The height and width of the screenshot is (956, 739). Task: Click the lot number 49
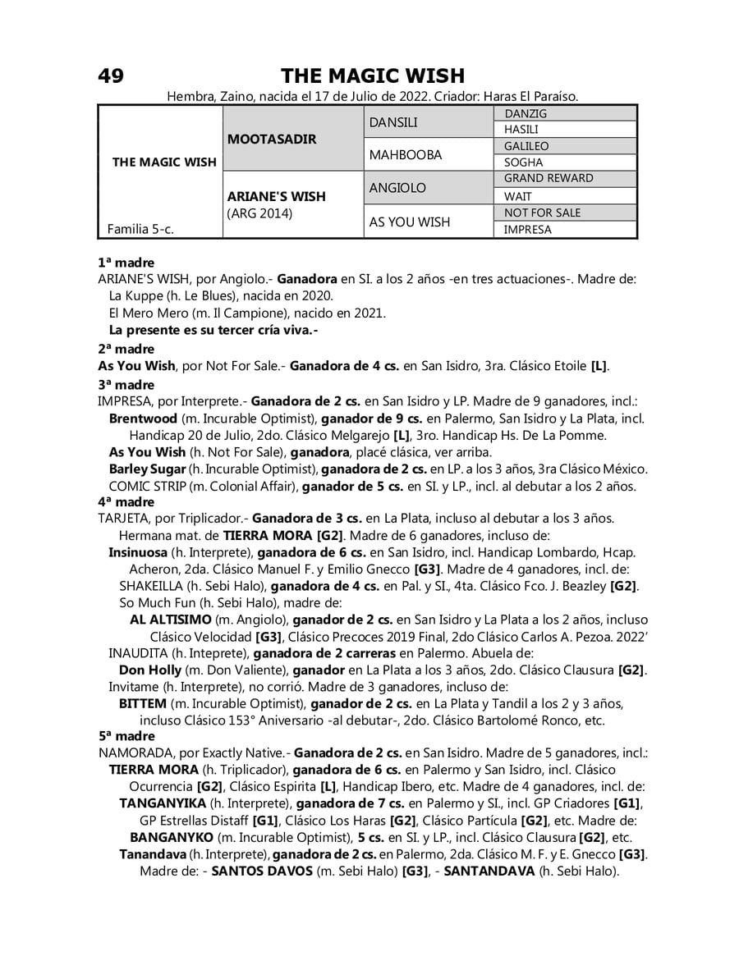(111, 76)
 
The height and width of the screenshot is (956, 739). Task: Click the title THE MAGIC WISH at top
(373, 76)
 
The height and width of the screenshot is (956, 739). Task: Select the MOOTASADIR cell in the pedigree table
(271, 139)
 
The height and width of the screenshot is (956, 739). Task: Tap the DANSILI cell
(393, 122)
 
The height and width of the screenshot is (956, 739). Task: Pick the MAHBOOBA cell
(406, 155)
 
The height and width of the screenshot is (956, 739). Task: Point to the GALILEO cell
(526, 146)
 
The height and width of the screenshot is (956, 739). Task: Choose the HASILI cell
(521, 130)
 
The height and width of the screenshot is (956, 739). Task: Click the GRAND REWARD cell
(548, 178)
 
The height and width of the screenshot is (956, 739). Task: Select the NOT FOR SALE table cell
(542, 213)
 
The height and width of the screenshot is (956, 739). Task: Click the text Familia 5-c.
(140, 229)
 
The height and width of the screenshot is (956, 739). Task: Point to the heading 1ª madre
(126, 263)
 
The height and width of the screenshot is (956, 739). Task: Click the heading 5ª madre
(126, 736)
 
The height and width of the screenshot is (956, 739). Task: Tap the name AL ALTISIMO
(170, 619)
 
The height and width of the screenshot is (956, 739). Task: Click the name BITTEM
(143, 704)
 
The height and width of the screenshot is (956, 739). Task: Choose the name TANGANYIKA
(163, 803)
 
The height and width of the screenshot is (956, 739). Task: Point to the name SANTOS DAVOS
(262, 871)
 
